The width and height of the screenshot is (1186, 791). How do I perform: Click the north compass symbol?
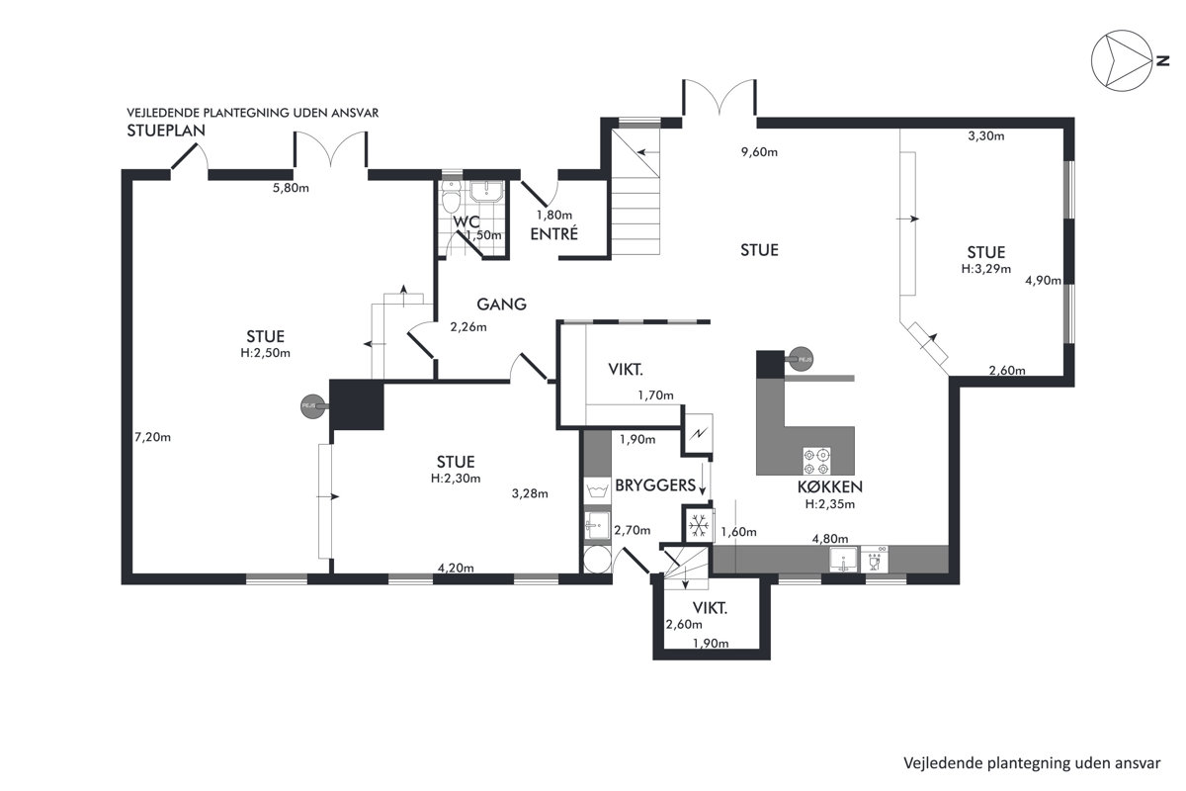click(1122, 60)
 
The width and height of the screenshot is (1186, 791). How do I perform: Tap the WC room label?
click(466, 221)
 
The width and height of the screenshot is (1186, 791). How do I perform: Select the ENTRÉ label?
click(553, 233)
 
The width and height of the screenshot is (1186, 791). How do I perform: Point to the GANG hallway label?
click(501, 305)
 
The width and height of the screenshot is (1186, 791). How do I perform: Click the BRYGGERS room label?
click(655, 485)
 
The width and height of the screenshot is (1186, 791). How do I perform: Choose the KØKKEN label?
click(829, 486)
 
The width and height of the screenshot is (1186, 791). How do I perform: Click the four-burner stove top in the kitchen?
click(816, 461)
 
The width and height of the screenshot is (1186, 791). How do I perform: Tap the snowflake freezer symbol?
click(699, 526)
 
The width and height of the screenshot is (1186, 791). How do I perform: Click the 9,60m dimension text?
click(759, 152)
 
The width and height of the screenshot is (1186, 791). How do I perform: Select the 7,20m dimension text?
click(152, 437)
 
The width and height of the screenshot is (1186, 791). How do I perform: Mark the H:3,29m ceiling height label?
click(986, 269)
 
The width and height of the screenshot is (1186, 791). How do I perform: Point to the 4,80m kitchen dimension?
click(830, 539)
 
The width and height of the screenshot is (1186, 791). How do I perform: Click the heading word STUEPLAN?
click(166, 131)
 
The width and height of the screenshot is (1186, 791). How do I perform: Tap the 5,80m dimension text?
click(291, 188)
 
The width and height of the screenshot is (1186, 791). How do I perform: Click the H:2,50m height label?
click(265, 353)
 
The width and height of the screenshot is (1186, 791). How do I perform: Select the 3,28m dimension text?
click(530, 493)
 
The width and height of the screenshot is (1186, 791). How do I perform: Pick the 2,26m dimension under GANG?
click(468, 327)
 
